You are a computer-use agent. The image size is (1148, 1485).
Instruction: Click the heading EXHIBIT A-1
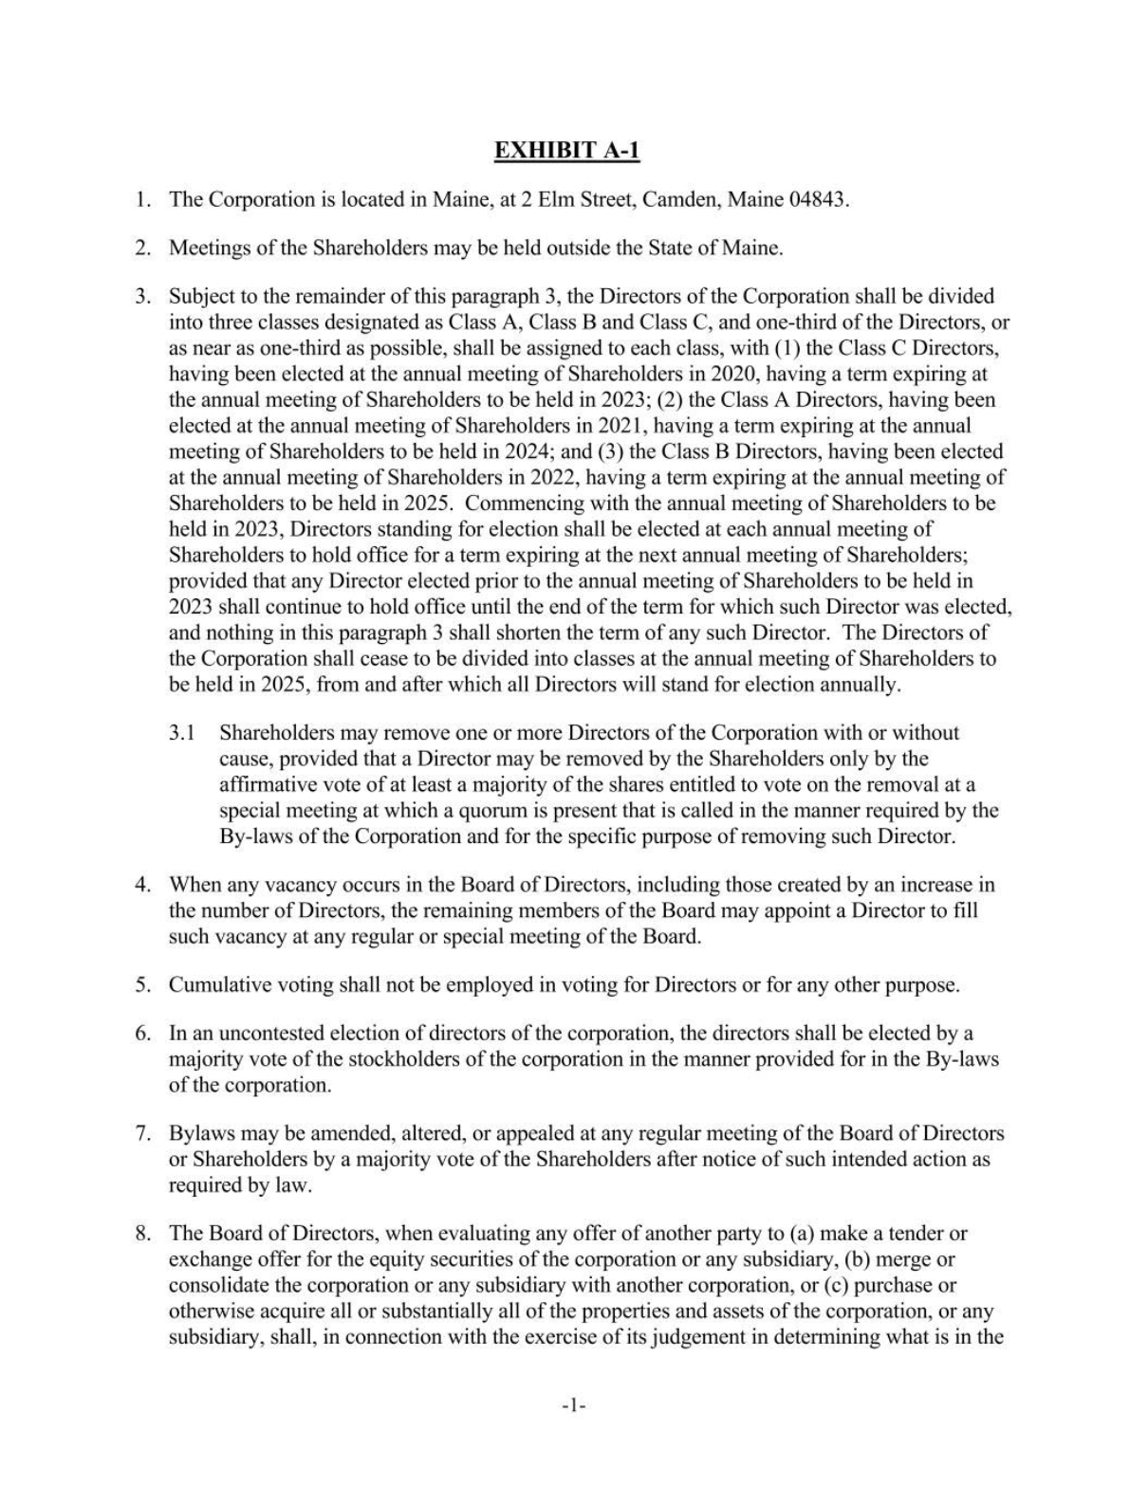pos(573,150)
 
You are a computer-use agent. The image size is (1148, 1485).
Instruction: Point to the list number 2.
pos(142,248)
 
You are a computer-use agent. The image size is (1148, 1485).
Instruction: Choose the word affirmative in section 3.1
pos(270,784)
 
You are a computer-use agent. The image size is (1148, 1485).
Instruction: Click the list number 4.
pos(142,885)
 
